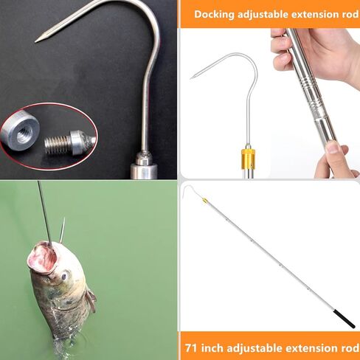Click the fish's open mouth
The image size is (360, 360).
click(x=41, y=257)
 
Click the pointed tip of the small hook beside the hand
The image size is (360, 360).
click(x=193, y=77)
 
